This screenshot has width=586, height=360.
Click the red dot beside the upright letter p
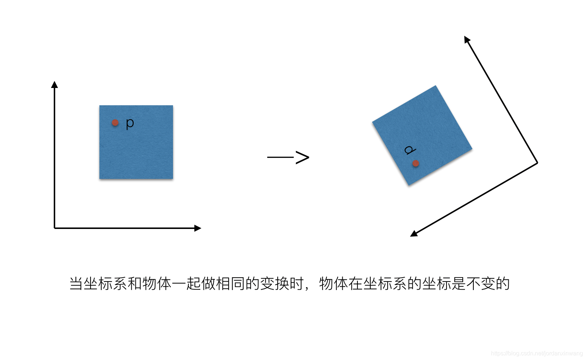(x=115, y=123)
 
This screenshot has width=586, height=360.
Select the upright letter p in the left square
(x=130, y=123)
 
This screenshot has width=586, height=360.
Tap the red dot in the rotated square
(x=416, y=163)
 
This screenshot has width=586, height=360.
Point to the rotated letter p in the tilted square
(x=410, y=150)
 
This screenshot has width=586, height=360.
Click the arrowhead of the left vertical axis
(x=54, y=85)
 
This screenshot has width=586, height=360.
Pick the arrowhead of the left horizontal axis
(x=198, y=228)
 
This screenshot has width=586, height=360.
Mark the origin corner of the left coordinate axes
(x=54, y=228)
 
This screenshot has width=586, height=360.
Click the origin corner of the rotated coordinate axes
(x=537, y=162)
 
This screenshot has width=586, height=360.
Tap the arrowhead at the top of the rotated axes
(x=467, y=39)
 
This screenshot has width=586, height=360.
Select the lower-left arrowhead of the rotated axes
(x=414, y=234)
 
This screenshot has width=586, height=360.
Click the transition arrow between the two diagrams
(x=288, y=158)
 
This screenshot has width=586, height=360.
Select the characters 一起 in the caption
(x=186, y=284)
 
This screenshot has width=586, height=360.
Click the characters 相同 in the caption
(x=230, y=284)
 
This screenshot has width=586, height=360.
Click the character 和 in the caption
(x=135, y=284)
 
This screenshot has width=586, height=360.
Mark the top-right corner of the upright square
(x=173, y=106)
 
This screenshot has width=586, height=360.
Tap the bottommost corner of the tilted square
(x=409, y=185)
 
